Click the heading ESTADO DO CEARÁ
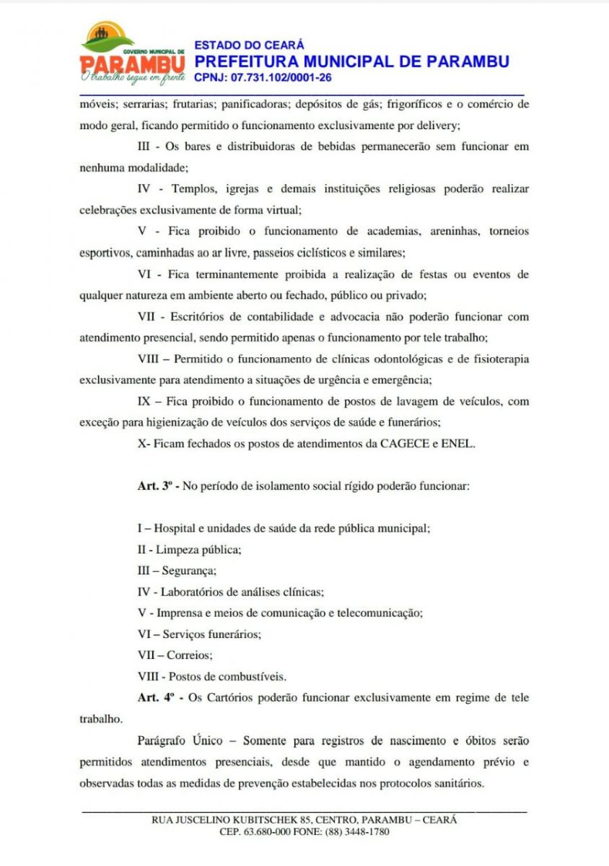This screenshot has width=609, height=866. click(249, 45)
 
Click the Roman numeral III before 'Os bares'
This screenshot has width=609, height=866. click(144, 146)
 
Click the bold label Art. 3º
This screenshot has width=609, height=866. click(157, 486)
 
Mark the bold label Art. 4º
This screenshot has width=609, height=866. click(157, 698)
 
